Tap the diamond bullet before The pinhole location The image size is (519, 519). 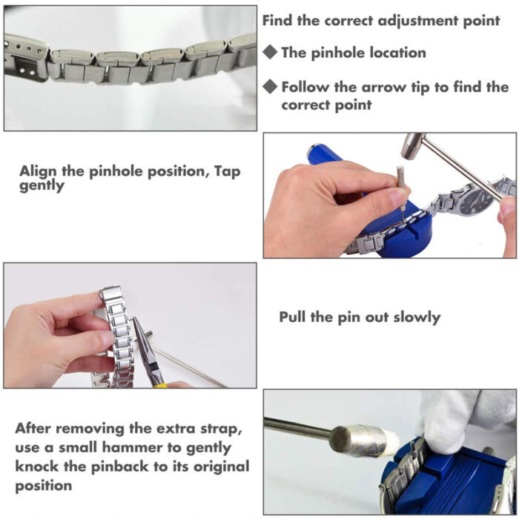[271, 53]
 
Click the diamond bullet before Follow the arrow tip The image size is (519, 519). [271, 87]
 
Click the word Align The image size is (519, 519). [39, 171]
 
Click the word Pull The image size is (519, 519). [294, 317]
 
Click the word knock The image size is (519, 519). [36, 467]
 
